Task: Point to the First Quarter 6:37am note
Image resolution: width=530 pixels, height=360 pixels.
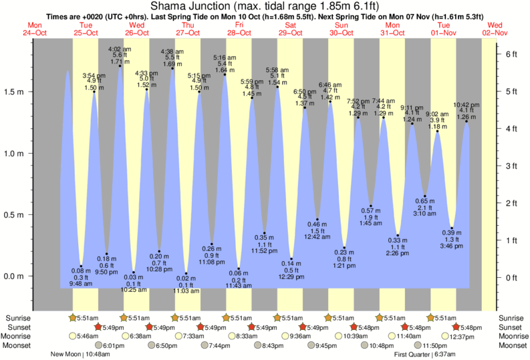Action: click(x=423, y=354)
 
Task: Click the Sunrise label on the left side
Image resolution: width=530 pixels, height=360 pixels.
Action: click(x=17, y=318)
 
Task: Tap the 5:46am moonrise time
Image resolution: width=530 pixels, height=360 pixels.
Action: click(x=87, y=336)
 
